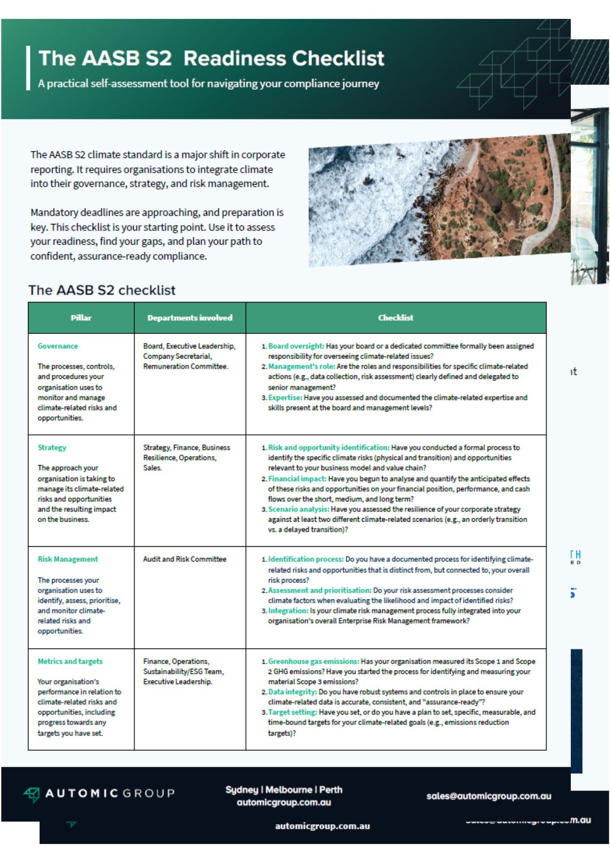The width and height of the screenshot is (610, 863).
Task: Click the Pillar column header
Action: click(81, 318)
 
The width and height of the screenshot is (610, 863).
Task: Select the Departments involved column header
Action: click(190, 318)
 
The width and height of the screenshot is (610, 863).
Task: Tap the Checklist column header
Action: click(396, 318)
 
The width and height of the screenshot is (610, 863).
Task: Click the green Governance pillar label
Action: click(58, 346)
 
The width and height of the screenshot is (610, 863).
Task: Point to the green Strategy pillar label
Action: click(52, 447)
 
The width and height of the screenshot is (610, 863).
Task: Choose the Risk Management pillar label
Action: click(68, 559)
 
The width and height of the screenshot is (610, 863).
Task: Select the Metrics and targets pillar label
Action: click(70, 661)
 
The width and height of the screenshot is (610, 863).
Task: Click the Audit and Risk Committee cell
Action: click(185, 559)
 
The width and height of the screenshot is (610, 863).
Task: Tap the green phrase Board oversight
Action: click(296, 346)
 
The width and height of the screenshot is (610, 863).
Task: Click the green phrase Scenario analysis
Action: click(299, 509)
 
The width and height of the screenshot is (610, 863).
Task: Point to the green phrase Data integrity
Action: click(292, 692)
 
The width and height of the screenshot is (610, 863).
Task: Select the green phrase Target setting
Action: click(292, 712)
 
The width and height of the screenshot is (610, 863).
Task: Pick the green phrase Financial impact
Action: click(297, 479)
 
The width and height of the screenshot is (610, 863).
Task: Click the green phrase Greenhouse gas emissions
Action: click(314, 661)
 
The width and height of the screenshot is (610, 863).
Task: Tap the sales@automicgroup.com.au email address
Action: click(489, 797)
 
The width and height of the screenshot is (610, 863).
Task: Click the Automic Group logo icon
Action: click(32, 794)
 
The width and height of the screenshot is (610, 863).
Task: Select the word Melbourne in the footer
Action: click(289, 790)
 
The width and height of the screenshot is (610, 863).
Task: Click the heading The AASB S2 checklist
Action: click(102, 290)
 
